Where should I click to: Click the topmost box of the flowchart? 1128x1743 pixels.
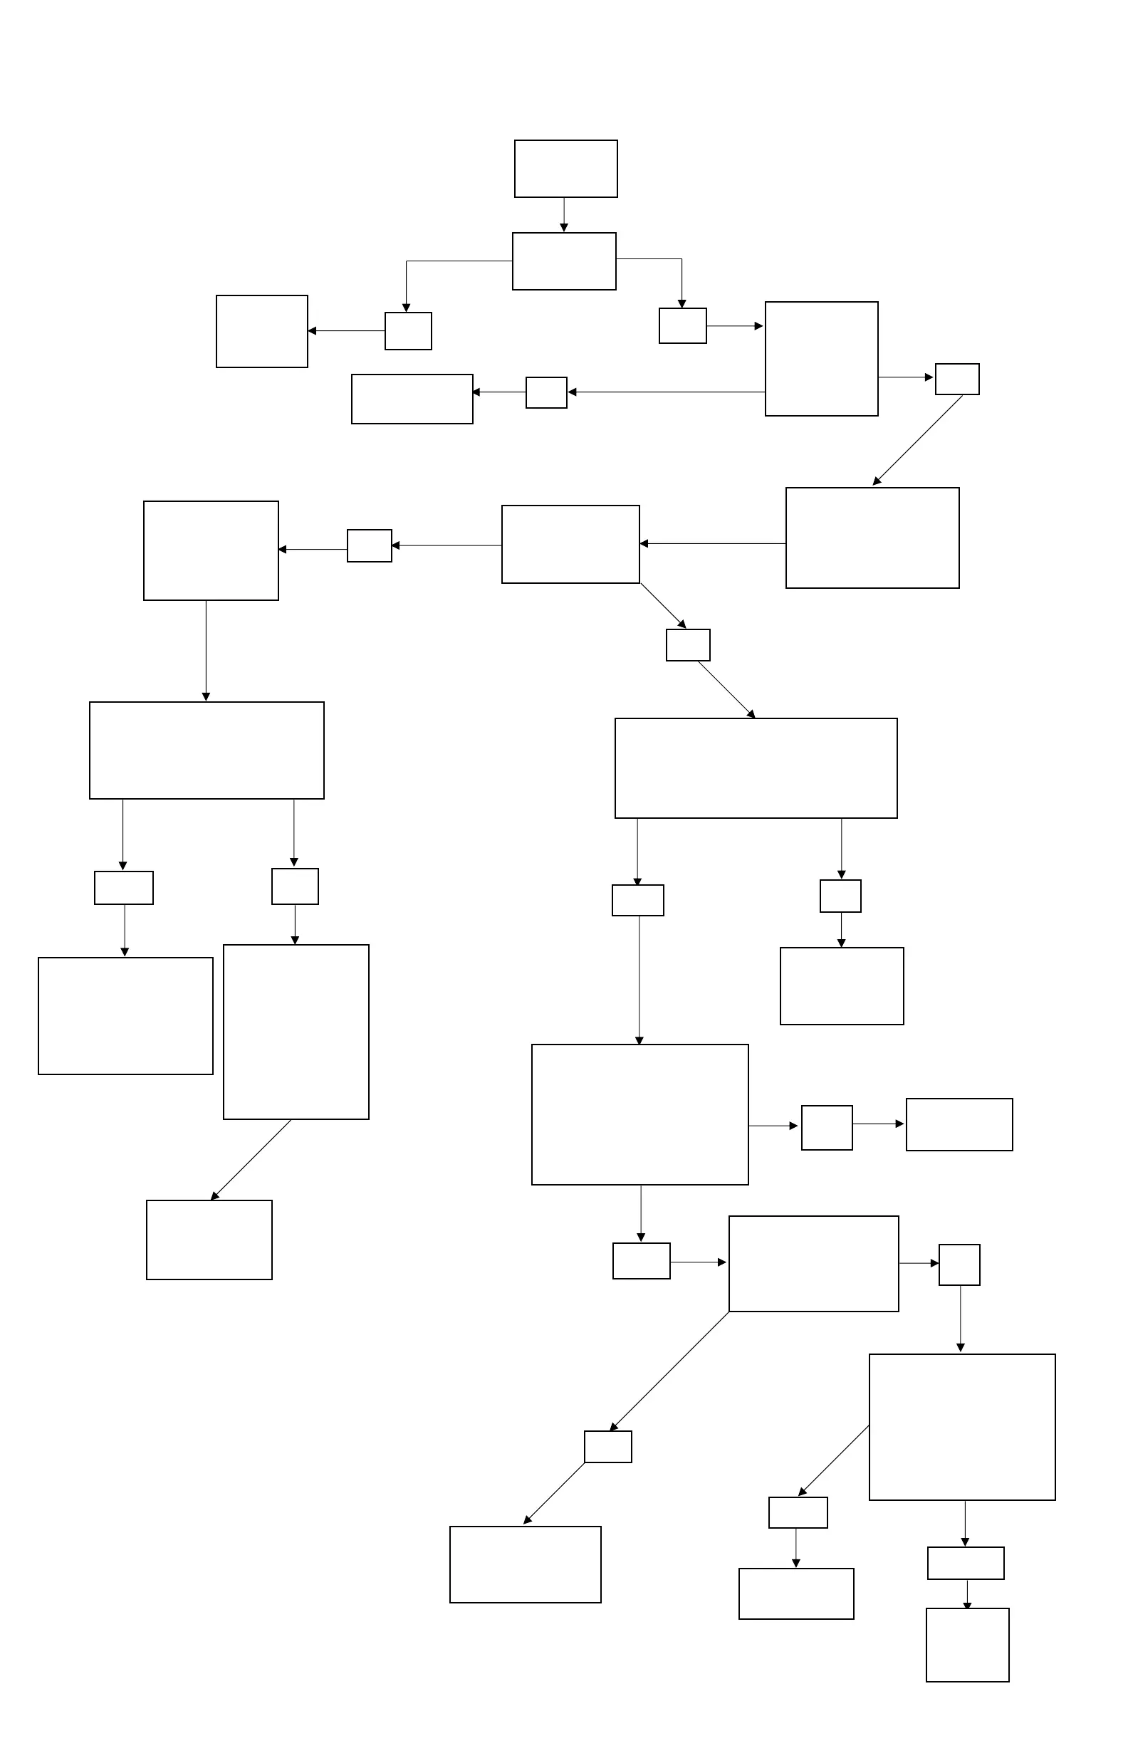[565, 169]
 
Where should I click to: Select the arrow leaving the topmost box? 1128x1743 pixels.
[564, 214]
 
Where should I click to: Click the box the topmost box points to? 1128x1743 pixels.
[564, 261]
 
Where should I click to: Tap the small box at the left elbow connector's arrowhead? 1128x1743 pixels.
[408, 331]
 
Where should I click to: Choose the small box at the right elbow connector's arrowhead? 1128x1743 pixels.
[682, 326]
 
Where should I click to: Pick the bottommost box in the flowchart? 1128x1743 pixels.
[967, 1644]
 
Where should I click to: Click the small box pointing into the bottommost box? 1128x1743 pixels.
[966, 1563]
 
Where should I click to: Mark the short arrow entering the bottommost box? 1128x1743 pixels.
[967, 1593]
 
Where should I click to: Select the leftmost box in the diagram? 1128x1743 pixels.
[125, 1015]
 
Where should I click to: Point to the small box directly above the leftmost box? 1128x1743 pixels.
[124, 888]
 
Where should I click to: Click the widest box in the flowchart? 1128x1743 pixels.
[756, 768]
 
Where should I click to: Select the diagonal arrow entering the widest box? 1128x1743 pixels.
[726, 689]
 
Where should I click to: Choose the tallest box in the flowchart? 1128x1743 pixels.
[296, 1032]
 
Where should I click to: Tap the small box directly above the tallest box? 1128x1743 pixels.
[296, 886]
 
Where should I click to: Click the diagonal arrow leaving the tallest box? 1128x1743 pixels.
[251, 1160]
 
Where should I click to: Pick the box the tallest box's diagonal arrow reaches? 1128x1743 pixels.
[209, 1240]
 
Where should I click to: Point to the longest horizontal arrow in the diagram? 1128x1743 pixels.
[667, 392]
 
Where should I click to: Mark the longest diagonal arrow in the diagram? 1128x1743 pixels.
[670, 1371]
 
